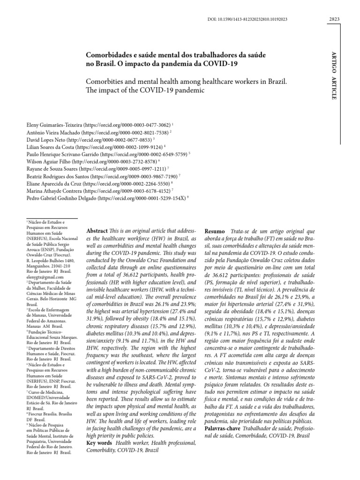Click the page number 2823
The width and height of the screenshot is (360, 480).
334,19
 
